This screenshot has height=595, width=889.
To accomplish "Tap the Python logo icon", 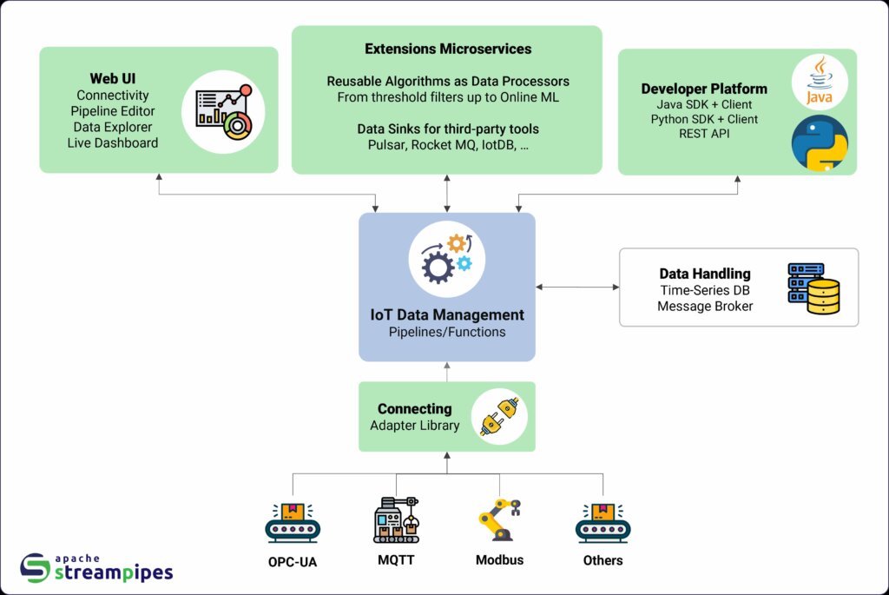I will point(820,143).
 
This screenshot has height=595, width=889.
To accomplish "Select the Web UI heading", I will point(113,79).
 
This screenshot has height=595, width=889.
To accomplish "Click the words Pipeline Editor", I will point(113,111).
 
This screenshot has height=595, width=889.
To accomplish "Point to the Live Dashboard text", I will point(113,142).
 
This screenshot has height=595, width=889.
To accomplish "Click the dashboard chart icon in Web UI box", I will point(223,112).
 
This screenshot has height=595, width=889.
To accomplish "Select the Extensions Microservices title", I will point(447,49).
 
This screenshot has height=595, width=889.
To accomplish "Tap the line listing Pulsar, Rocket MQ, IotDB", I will point(447,144).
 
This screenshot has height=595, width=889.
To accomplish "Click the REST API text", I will point(704,135).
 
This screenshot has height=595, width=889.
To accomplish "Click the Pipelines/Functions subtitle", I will point(446,332).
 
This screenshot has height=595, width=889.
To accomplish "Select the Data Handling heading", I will point(704,274).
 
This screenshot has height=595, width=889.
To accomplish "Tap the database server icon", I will point(813,288).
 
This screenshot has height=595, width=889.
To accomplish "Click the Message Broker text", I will point(704,306).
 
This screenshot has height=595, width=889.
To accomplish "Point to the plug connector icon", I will point(499,416).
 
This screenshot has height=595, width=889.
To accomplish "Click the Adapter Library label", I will point(415,426).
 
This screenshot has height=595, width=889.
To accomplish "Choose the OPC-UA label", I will point(293,561).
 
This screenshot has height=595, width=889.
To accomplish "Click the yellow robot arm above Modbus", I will point(499,519).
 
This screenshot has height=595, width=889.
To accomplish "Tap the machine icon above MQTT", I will point(396,520).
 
